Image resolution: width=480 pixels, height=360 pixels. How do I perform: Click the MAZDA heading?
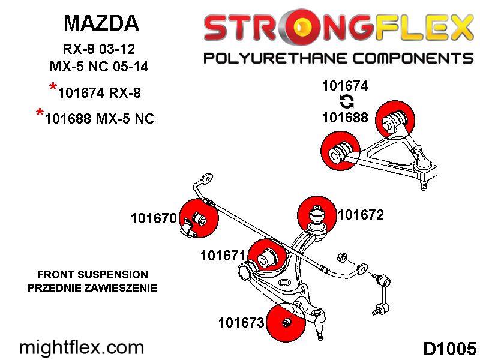coord(101,23)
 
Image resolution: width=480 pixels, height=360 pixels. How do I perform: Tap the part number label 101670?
coord(154,218)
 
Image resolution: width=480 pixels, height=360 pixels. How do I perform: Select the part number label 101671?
coord(223,256)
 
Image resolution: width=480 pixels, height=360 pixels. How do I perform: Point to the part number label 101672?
coord(361,215)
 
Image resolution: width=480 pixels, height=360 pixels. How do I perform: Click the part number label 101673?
coord(241,322)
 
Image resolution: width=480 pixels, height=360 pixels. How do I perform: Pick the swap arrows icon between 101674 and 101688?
coord(347,101)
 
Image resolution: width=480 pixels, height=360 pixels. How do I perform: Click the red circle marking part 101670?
coord(199,218)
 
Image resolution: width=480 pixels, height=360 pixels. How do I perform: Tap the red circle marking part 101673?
coord(286,322)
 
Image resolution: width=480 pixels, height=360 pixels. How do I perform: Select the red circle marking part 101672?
coord(317,215)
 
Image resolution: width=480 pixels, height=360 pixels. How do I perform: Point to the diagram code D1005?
coord(449,349)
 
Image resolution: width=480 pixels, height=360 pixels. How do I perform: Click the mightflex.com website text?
coord(82,348)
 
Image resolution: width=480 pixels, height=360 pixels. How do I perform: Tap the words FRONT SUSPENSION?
coord(92,275)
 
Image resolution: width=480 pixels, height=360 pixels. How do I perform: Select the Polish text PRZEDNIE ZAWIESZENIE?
coord(92,288)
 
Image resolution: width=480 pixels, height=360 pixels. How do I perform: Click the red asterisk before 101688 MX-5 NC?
coord(40,113)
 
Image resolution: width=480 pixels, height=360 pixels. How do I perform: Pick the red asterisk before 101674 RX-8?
coord(53,87)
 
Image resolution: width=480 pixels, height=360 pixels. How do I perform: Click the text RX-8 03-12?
coord(98,49)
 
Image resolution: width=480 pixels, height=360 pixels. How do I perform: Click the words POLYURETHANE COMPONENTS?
coord(338,58)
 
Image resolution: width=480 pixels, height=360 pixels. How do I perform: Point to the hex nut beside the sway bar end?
coord(341,257)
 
